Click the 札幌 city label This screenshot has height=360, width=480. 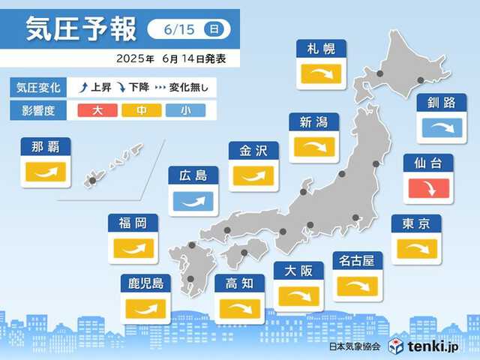[x=321, y=50]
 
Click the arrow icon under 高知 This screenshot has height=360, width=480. [x=240, y=307]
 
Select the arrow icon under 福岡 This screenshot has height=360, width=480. [x=133, y=247]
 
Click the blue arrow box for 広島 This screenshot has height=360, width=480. [x=193, y=201]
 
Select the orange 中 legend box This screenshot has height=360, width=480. [x=139, y=111]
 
